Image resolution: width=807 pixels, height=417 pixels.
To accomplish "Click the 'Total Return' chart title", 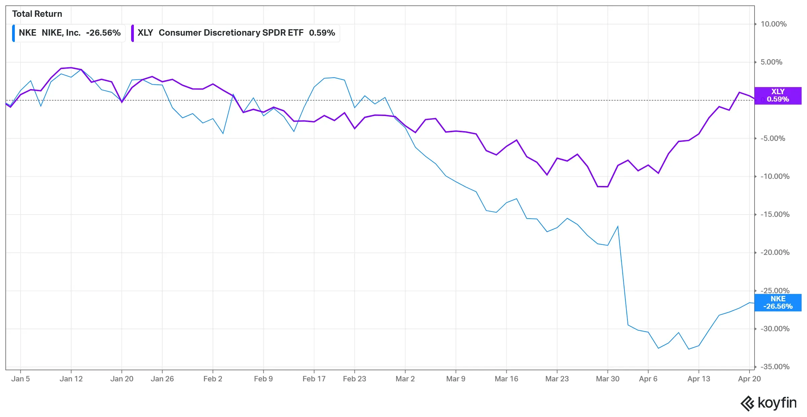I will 37,14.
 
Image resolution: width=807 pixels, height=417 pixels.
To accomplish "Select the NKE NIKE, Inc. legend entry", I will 69,33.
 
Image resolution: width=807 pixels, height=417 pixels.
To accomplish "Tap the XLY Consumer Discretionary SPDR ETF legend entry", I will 235,33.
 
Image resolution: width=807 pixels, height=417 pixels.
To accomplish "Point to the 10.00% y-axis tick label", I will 773,24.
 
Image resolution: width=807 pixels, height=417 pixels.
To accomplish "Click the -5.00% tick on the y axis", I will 773,139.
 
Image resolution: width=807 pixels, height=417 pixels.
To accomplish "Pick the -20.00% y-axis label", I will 775,253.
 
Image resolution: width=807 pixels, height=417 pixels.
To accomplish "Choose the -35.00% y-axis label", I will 775,367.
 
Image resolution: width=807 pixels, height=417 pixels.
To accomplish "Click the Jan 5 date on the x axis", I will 21,379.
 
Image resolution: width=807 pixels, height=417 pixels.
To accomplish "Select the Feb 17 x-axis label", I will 314,379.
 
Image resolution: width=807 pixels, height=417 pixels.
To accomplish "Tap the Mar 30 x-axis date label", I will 607,379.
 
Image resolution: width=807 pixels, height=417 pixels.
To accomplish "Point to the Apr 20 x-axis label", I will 749,379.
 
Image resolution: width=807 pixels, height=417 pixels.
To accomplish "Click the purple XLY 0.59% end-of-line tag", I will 778,96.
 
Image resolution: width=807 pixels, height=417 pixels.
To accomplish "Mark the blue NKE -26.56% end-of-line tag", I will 778,303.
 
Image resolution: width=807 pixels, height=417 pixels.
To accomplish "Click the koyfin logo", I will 769,403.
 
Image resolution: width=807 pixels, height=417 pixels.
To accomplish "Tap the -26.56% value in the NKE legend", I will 103,33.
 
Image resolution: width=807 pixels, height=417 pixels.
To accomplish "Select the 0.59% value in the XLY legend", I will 322,33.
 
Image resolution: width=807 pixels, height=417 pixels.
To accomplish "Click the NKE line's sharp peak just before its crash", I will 618,226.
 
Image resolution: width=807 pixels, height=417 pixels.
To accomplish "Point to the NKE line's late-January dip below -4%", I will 223,134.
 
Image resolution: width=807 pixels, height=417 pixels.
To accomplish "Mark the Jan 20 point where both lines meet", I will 122,102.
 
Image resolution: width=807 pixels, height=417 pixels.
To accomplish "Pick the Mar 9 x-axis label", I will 456,379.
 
